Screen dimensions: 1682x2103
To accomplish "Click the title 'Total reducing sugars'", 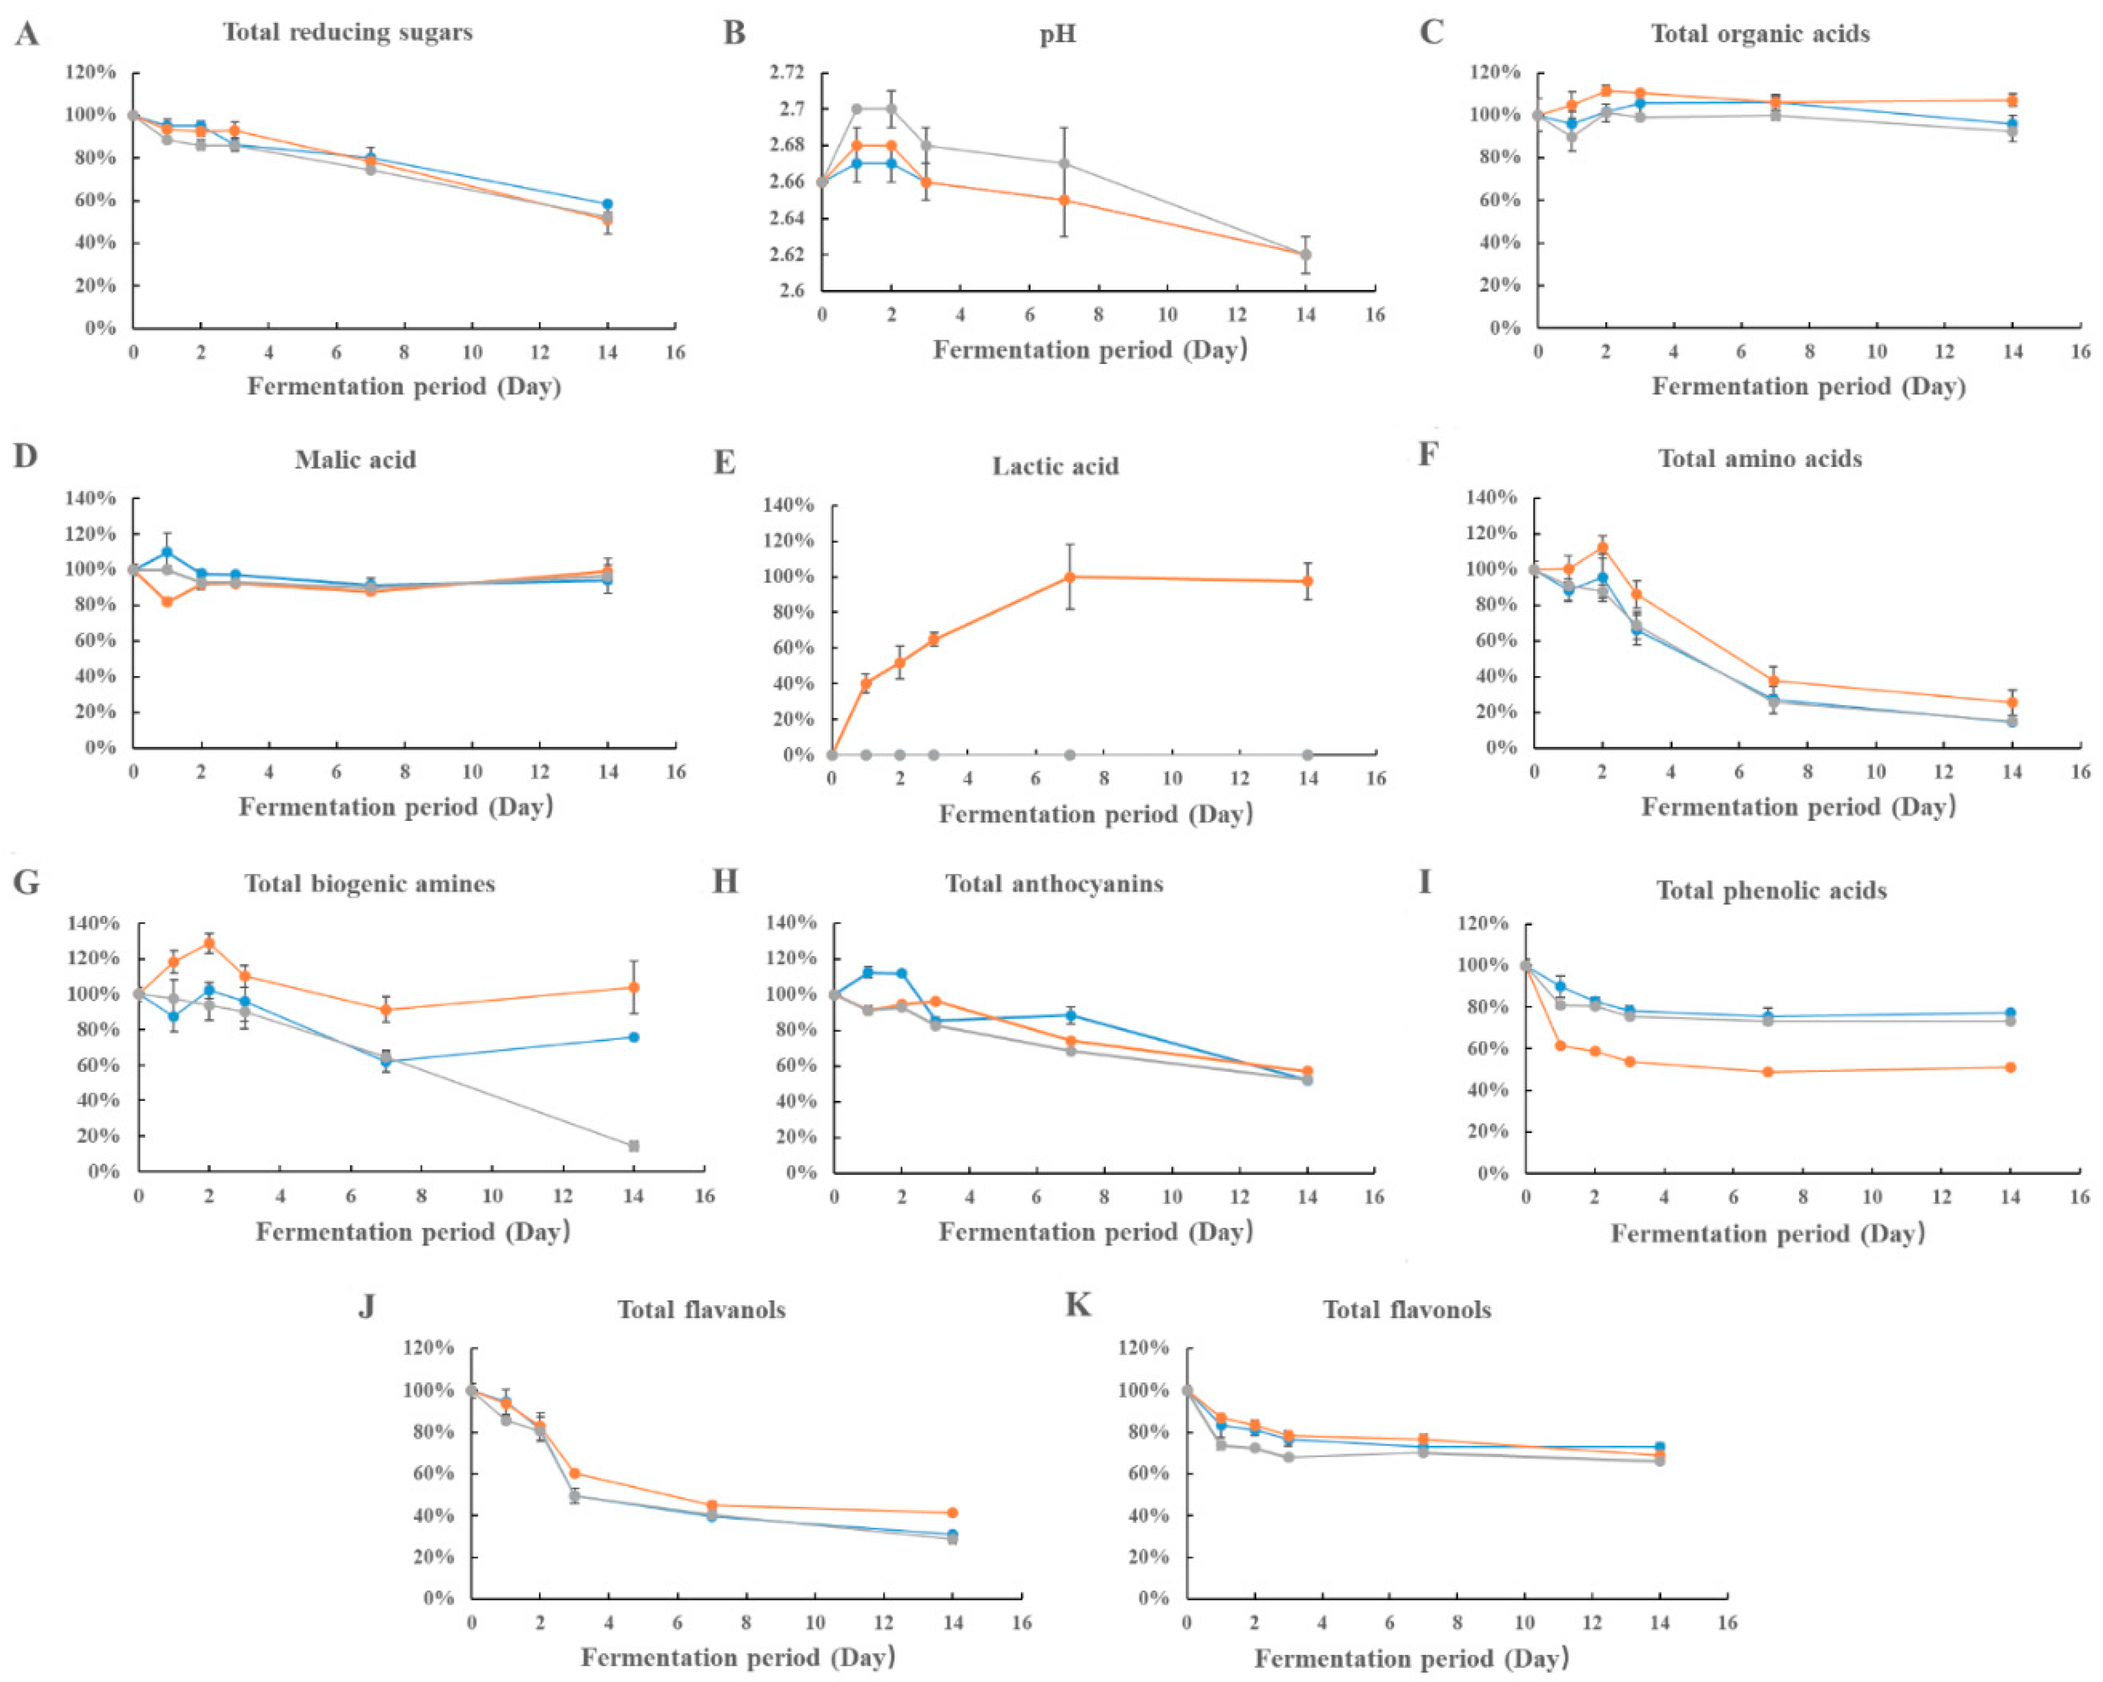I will pyautogui.click(x=347, y=32).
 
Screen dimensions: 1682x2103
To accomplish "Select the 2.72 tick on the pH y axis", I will pyautogui.click(x=786, y=72).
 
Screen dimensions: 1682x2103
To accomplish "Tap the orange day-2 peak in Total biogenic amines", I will pyautogui.click(x=208, y=943).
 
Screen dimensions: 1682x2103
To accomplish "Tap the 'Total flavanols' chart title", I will pyautogui.click(x=701, y=1309).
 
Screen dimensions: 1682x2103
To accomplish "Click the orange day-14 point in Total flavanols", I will pyautogui.click(x=953, y=1512).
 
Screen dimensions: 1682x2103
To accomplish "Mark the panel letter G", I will pyautogui.click(x=27, y=883).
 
